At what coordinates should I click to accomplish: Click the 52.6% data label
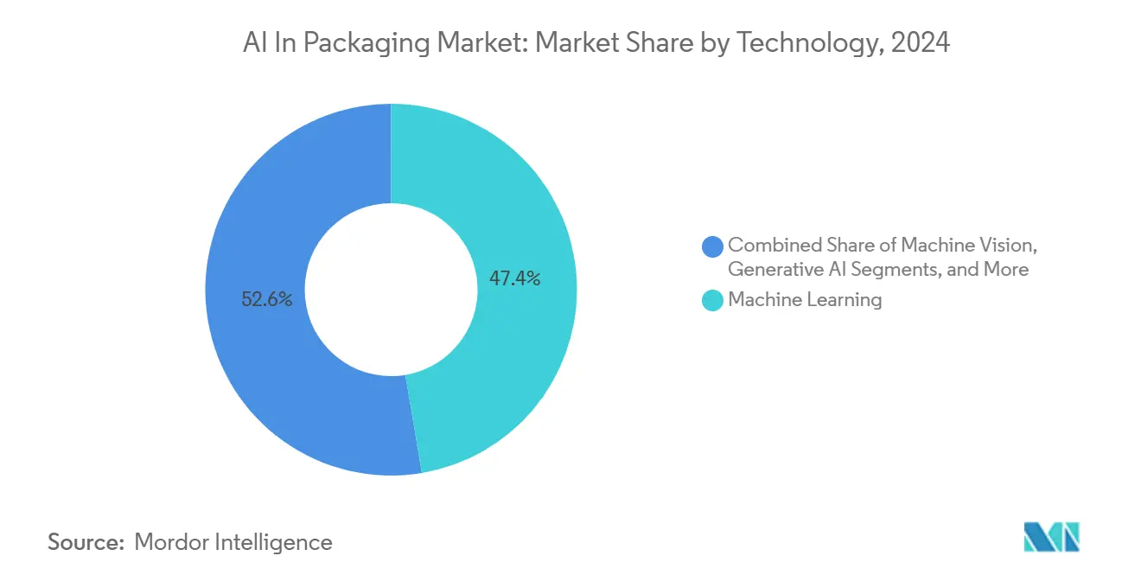point(267,300)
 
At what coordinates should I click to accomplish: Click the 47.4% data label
point(515,278)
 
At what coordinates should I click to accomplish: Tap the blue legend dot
point(713,246)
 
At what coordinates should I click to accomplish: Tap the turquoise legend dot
point(713,301)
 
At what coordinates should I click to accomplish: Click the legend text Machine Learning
point(805,300)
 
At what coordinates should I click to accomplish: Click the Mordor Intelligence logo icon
point(1051,538)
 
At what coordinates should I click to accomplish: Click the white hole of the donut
point(391,290)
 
